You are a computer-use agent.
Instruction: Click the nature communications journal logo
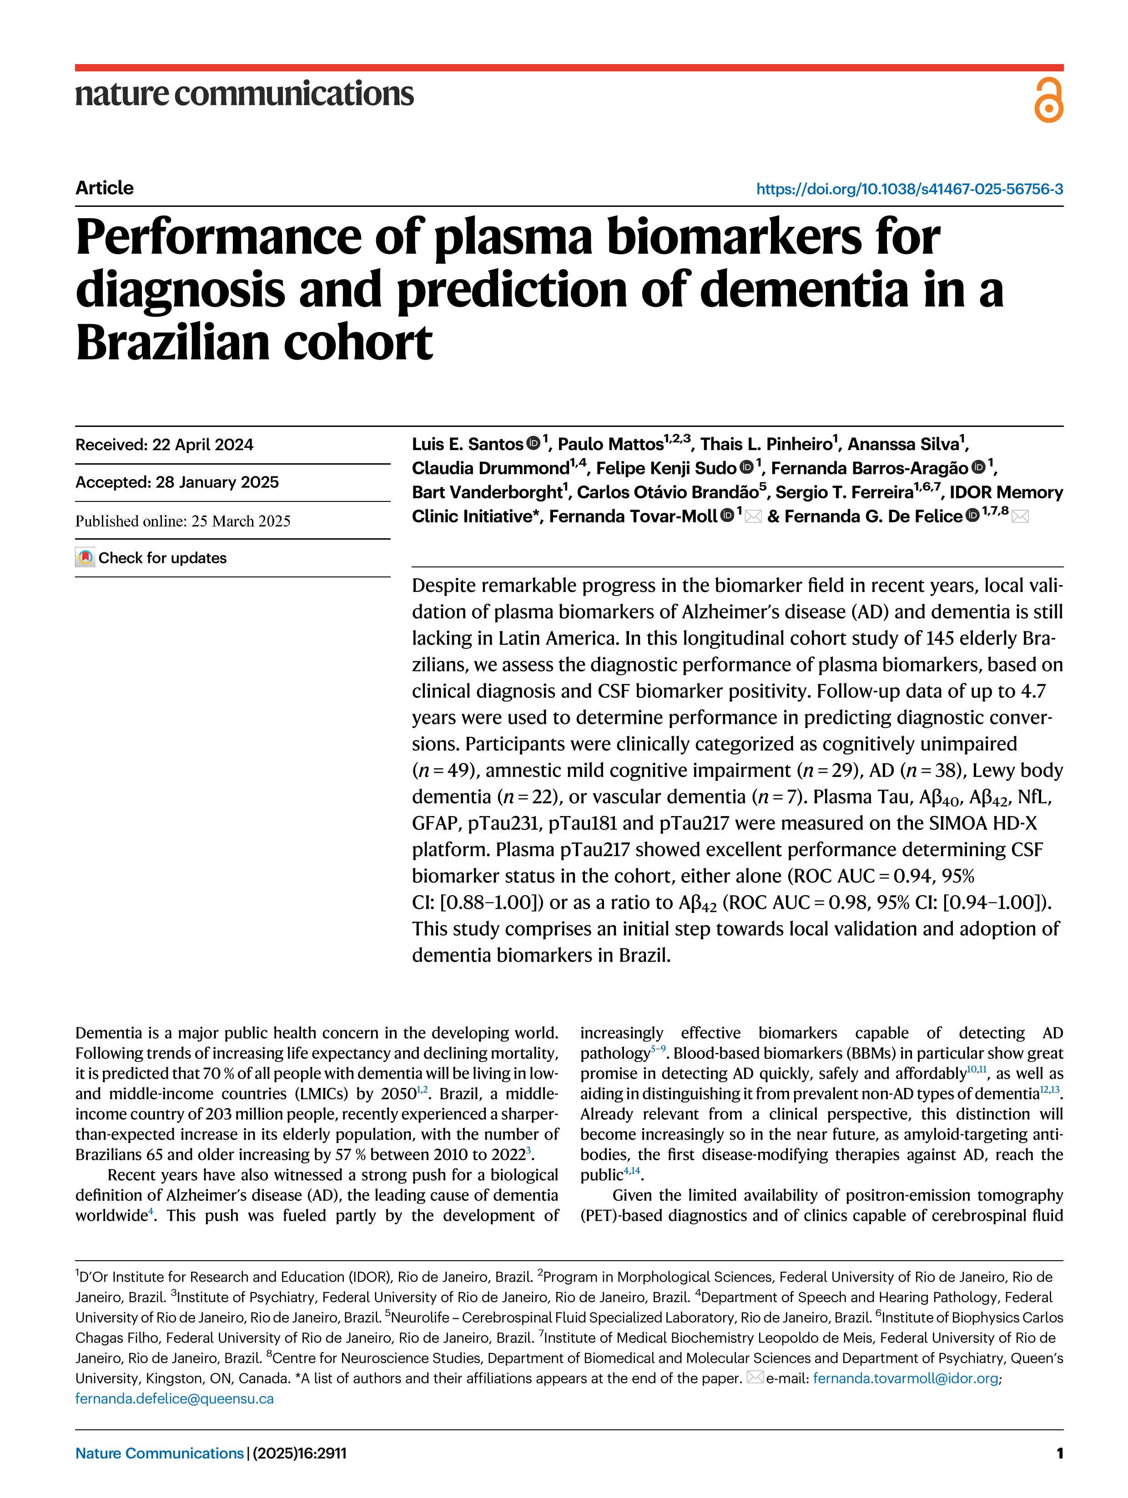(x=244, y=94)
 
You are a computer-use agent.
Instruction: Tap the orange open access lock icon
(x=1048, y=100)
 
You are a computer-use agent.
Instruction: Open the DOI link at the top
(x=909, y=189)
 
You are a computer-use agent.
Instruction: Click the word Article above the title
(x=104, y=188)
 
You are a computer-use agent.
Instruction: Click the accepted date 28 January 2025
(x=217, y=482)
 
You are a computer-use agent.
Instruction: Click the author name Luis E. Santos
(x=468, y=444)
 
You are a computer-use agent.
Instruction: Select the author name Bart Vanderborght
(x=486, y=492)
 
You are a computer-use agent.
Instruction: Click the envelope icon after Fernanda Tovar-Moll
(x=753, y=517)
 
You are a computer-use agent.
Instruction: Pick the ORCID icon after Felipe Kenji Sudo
(x=746, y=467)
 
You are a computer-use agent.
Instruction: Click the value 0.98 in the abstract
(x=846, y=903)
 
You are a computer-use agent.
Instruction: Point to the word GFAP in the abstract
(x=435, y=823)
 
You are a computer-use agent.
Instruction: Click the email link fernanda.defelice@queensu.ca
(x=174, y=1398)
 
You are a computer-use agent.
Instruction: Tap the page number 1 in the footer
(x=1059, y=1453)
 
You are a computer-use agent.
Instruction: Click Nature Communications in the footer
(x=159, y=1453)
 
